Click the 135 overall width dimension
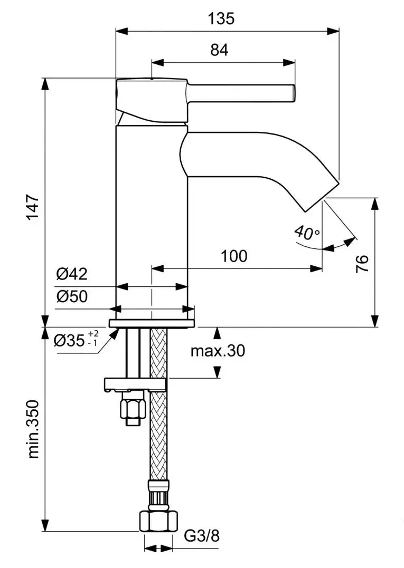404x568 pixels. point(221,18)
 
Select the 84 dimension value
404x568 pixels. point(219,50)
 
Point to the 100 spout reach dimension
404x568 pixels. point(234,256)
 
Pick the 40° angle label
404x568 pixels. point(307,232)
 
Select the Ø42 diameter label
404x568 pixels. point(72,274)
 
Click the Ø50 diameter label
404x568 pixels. point(72,297)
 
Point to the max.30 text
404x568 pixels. point(218,350)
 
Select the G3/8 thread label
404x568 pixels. point(202,536)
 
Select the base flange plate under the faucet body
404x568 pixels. point(152,323)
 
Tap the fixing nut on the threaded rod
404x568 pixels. point(133,409)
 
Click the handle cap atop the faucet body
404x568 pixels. point(151,100)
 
